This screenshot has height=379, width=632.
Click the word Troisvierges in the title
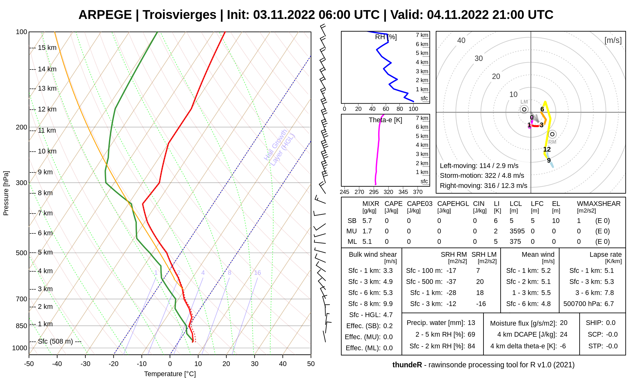(x=179, y=15)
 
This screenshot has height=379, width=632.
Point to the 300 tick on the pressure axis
(x=21, y=183)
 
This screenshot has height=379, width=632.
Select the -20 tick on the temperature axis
(x=113, y=364)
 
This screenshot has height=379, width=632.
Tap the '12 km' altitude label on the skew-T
(x=47, y=109)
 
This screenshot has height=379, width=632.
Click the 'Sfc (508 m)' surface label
(x=55, y=341)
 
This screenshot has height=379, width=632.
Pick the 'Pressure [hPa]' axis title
(x=6, y=193)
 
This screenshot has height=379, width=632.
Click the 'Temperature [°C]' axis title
(x=170, y=374)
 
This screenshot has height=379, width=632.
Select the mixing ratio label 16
(x=258, y=273)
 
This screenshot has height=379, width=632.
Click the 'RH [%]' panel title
(x=386, y=37)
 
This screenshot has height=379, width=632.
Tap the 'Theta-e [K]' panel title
(x=386, y=120)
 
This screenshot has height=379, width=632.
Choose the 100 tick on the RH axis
(x=413, y=109)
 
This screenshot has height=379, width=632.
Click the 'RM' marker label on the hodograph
(x=552, y=142)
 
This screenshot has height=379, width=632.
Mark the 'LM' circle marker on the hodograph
(x=524, y=109)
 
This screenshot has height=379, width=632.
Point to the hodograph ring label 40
(x=461, y=40)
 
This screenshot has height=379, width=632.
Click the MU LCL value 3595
(x=517, y=231)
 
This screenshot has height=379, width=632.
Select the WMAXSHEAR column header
(x=599, y=204)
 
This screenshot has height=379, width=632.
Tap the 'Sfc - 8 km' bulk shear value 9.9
(x=388, y=304)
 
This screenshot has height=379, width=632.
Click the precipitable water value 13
(x=471, y=323)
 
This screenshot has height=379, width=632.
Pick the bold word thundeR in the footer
(x=407, y=365)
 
